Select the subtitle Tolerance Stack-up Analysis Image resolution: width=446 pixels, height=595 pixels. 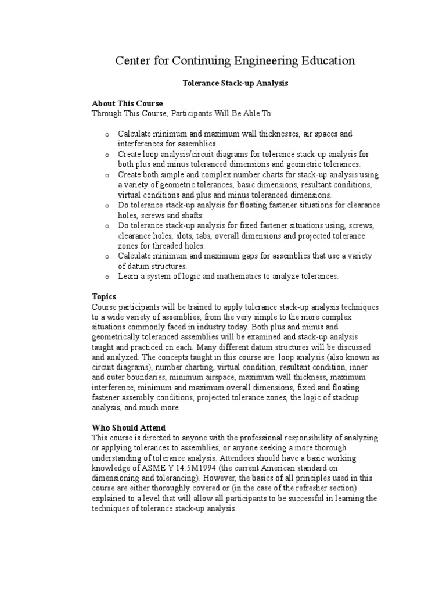[235, 84]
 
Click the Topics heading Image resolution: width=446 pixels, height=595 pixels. [104, 296]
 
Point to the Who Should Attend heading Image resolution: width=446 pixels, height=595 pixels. [128, 427]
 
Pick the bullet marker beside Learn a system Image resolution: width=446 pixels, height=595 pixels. [107, 277]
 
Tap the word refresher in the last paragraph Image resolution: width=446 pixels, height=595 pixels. [320, 488]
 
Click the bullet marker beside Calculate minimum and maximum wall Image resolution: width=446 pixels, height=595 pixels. [107, 134]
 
